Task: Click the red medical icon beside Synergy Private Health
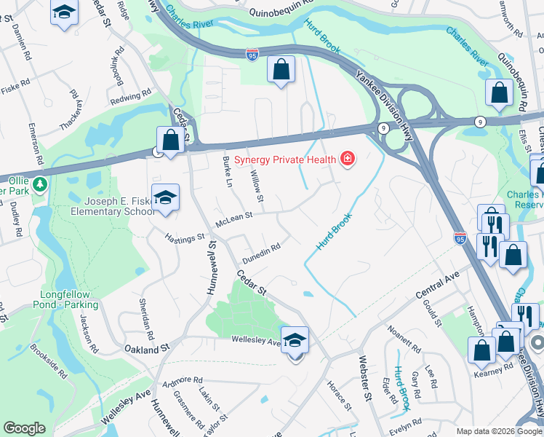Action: (x=347, y=159)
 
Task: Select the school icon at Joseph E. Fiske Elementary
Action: (x=166, y=198)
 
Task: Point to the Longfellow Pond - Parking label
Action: (x=65, y=300)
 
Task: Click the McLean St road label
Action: (x=233, y=216)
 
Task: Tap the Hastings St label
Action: (x=185, y=238)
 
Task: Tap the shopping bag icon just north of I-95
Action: (x=281, y=71)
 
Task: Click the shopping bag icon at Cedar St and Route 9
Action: (x=169, y=140)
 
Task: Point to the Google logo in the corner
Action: (x=25, y=428)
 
